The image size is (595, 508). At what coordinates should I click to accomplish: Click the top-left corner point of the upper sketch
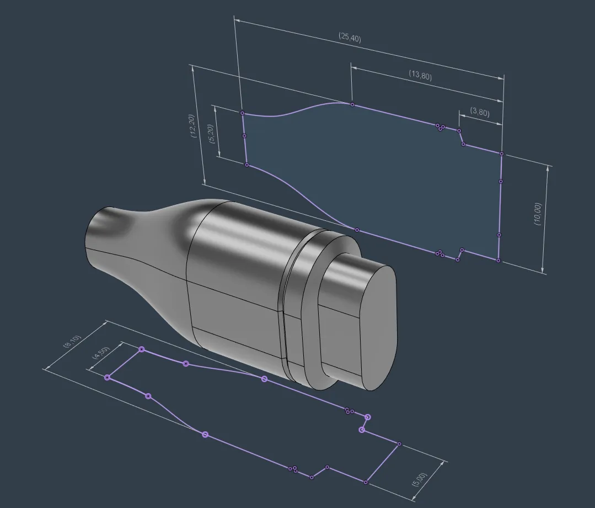243,113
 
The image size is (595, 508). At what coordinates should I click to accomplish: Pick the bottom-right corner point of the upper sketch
498,261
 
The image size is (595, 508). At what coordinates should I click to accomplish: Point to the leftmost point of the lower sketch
108,377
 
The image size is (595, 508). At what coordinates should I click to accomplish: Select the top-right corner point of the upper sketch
502,154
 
